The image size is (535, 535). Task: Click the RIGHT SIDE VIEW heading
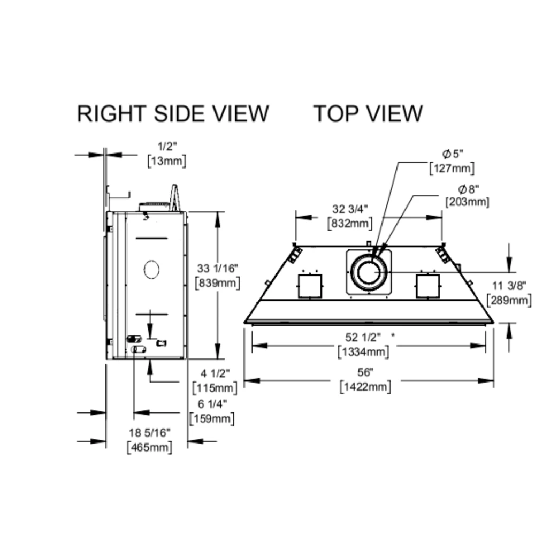click(173, 113)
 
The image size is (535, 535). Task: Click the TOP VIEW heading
click(368, 113)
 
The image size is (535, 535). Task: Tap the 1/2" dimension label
click(166, 145)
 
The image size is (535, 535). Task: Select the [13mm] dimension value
click(166, 160)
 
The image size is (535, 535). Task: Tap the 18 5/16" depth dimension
click(150, 432)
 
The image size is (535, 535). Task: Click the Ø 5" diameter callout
click(453, 154)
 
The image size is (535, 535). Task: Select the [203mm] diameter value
click(468, 202)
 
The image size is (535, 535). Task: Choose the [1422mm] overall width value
click(365, 386)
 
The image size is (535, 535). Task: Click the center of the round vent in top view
click(369, 272)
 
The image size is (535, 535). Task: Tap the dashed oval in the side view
click(152, 269)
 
